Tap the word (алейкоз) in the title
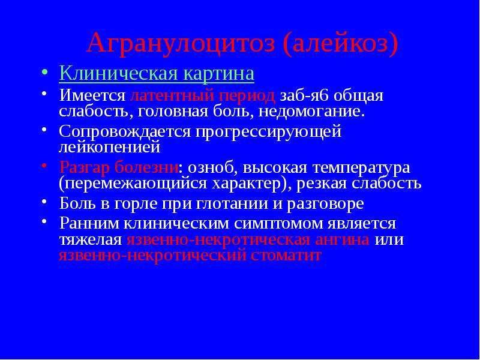[341, 44]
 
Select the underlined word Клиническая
[118, 74]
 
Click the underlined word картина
[219, 74]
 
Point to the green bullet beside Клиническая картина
[44, 73]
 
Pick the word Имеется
[92, 96]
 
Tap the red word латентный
[172, 96]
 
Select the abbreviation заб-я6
[304, 96]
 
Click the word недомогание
[311, 112]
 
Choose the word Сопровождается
[125, 132]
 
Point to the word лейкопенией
[110, 147]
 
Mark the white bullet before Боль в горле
[44, 201]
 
